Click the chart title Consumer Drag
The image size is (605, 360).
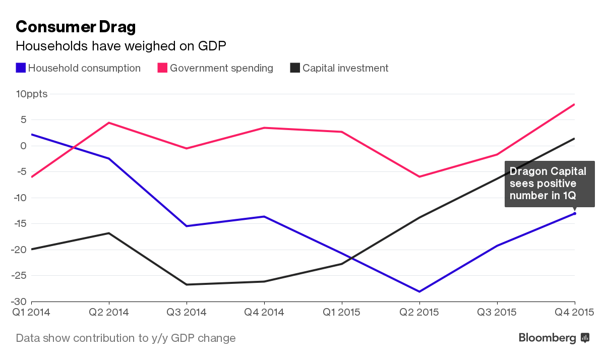point(76,27)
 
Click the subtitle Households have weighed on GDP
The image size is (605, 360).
point(121,46)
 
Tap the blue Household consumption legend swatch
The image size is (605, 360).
point(21,68)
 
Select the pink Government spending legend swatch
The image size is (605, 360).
point(162,68)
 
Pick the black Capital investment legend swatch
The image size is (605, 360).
point(295,68)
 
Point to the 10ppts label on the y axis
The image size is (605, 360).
point(32,94)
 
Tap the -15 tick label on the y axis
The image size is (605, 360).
point(23,224)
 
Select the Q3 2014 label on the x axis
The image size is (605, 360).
point(187,313)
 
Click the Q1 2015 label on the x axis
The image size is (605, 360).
point(341,313)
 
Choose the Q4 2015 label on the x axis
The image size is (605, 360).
point(574,313)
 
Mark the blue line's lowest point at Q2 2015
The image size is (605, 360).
point(419,291)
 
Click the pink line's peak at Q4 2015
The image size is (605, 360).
point(574,104)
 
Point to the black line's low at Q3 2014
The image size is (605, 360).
point(187,284)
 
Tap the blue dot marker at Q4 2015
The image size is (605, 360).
point(574,213)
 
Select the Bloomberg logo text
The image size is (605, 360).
point(548,338)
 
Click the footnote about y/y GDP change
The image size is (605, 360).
point(126,338)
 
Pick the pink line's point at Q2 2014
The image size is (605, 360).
point(109,123)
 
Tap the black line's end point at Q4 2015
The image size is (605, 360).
point(574,139)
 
